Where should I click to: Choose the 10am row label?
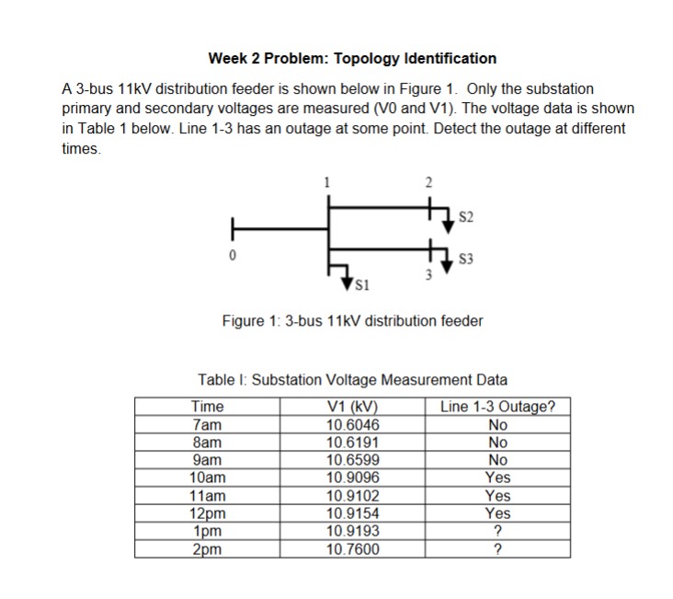pyautogui.click(x=207, y=478)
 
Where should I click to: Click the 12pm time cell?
pyautogui.click(x=207, y=513)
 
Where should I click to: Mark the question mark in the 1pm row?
pyautogui.click(x=497, y=532)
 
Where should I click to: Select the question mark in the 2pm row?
pyautogui.click(x=497, y=549)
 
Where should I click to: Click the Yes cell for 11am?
pyautogui.click(x=497, y=496)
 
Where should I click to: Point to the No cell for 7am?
pyautogui.click(x=497, y=425)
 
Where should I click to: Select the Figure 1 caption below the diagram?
pyautogui.click(x=352, y=321)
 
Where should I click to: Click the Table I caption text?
pyautogui.click(x=352, y=379)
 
